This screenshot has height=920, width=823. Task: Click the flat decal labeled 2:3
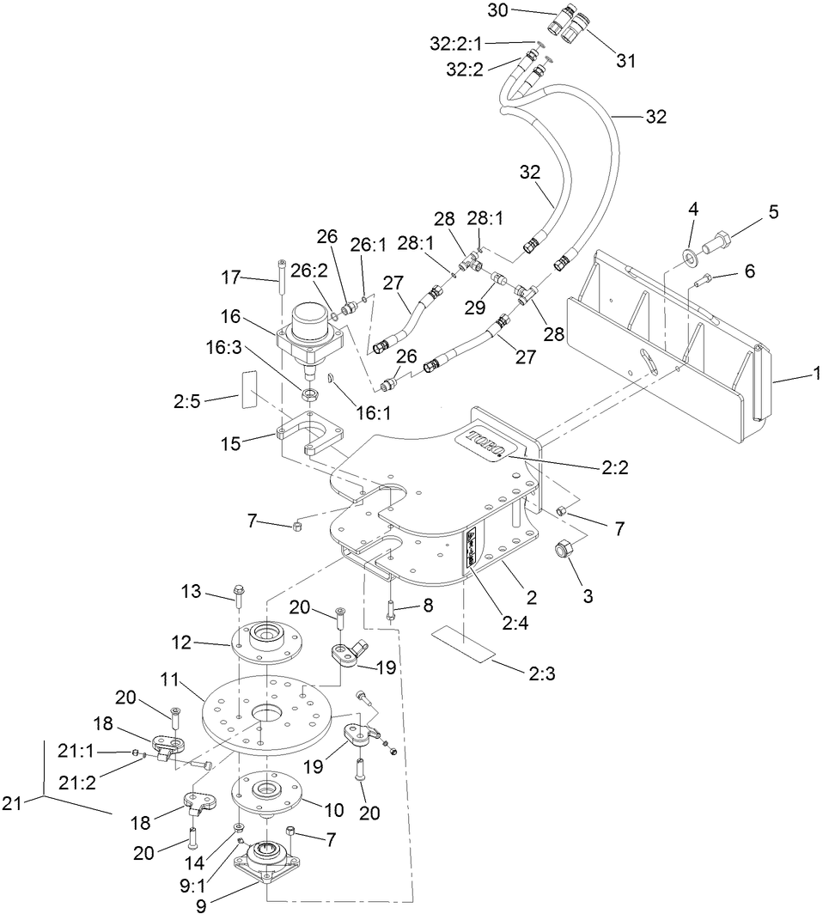click(x=465, y=643)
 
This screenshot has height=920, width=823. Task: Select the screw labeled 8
click(x=390, y=612)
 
